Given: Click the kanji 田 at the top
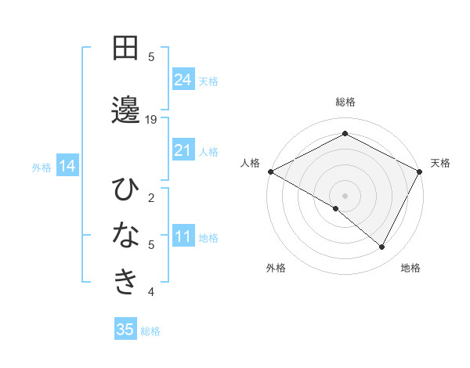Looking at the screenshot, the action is [x=125, y=49].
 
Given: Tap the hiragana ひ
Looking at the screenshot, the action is [x=125, y=189].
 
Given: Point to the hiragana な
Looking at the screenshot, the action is [x=125, y=236].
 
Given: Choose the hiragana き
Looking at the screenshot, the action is [x=125, y=283].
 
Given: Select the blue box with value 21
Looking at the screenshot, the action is [x=183, y=150].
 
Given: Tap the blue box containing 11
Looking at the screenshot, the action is [x=183, y=236].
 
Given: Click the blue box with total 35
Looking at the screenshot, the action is [x=125, y=330].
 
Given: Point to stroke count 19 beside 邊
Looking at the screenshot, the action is [x=151, y=119].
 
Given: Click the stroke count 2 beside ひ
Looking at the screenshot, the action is [x=151, y=197].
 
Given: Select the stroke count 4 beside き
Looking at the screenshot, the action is [x=151, y=292].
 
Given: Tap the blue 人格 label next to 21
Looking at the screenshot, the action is [x=209, y=151].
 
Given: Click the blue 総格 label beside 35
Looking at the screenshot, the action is [x=151, y=331].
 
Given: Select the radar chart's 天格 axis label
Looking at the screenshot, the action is [x=440, y=163].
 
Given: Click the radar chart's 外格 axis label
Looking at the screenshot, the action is [x=276, y=268].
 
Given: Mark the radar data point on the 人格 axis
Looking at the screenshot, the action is [x=270, y=171].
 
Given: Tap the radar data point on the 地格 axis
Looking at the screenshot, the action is [x=382, y=247].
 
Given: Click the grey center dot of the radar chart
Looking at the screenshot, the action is [x=345, y=195].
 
